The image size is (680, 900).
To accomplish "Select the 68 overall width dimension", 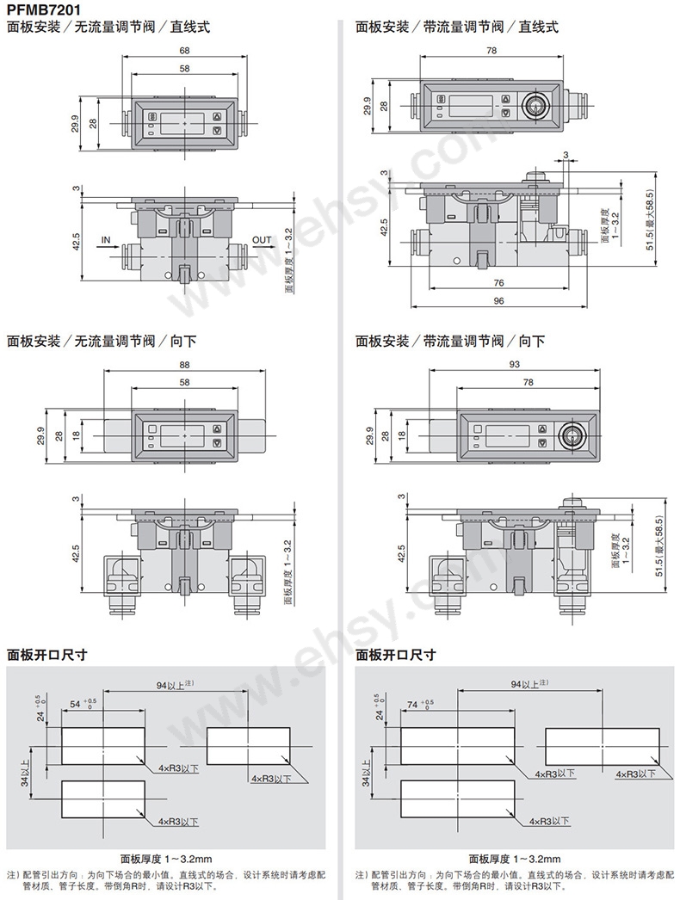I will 185,51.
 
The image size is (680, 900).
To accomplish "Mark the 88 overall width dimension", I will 185,365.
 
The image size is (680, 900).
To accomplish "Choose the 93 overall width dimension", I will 516,365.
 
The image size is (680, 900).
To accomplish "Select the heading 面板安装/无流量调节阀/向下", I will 102,341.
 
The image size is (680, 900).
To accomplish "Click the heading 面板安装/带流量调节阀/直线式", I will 457,27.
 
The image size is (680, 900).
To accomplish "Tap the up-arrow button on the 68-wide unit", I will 217,118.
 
